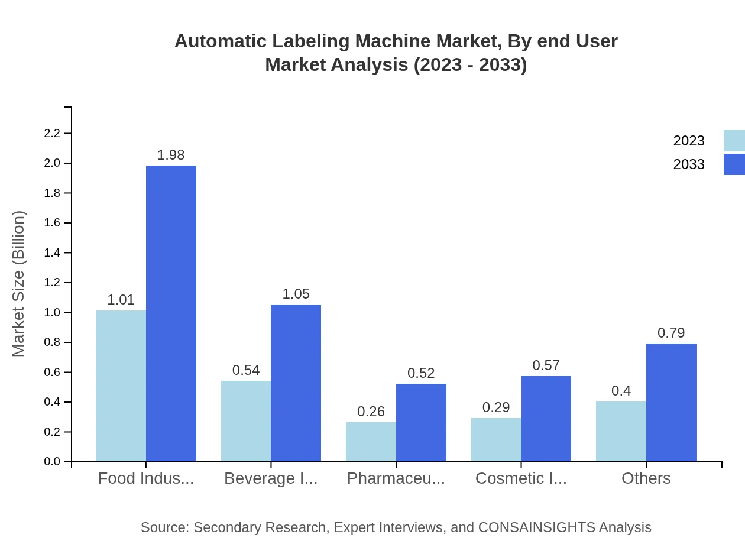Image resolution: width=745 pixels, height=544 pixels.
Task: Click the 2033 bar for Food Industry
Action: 171,313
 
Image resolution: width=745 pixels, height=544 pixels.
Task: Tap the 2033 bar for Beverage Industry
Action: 296,383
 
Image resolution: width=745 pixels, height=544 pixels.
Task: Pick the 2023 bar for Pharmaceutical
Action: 371,441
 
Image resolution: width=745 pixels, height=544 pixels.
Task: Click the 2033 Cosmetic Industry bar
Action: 546,419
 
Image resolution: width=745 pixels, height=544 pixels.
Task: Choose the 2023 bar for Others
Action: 621,431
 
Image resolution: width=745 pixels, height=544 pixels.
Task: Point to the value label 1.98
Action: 171,155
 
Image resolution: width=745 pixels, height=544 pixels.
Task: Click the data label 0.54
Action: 246,370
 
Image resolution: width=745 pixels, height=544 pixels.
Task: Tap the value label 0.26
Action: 371,412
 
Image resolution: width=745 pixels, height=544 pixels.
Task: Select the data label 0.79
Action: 671,333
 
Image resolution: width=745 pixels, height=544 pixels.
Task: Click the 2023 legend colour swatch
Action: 734,141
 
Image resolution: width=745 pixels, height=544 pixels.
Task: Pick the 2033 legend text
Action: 689,164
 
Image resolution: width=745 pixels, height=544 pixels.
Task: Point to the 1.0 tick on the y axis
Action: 53,312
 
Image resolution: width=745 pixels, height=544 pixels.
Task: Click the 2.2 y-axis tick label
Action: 53,134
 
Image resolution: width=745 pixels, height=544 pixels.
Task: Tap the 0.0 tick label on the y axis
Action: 53,462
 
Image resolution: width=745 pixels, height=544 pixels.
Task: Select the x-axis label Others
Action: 646,478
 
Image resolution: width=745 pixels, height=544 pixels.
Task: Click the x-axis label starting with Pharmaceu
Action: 396,478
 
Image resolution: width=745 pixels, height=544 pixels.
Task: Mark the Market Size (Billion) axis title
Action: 19,284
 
